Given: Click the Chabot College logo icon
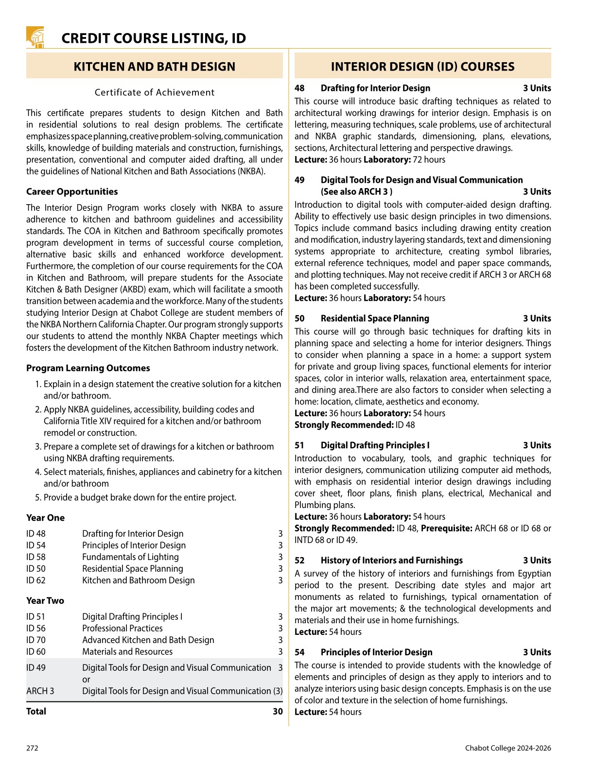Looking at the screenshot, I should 35,37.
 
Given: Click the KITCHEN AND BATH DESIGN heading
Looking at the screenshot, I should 154,67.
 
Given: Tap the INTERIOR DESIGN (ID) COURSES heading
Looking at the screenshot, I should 422,67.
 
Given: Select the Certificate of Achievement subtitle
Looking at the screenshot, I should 154,92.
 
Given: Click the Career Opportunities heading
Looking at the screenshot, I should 72,192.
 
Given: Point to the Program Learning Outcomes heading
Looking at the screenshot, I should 88,368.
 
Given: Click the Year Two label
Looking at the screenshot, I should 45,601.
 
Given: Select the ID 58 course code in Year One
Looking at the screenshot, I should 36,557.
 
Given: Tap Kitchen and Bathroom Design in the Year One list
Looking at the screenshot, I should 138,580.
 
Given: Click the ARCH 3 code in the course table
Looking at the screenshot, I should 40,691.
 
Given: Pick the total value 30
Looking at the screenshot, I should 278,712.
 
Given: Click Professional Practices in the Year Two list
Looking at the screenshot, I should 122,629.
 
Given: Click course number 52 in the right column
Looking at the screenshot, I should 299,560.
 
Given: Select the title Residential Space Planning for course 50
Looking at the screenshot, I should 375,318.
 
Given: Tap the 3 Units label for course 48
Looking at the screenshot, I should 537,88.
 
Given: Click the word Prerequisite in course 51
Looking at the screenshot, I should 446,528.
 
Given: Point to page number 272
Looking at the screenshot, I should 32,748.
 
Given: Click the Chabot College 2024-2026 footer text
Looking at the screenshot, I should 508,748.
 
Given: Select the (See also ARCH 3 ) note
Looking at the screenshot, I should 356,192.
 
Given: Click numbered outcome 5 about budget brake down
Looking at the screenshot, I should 140,497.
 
